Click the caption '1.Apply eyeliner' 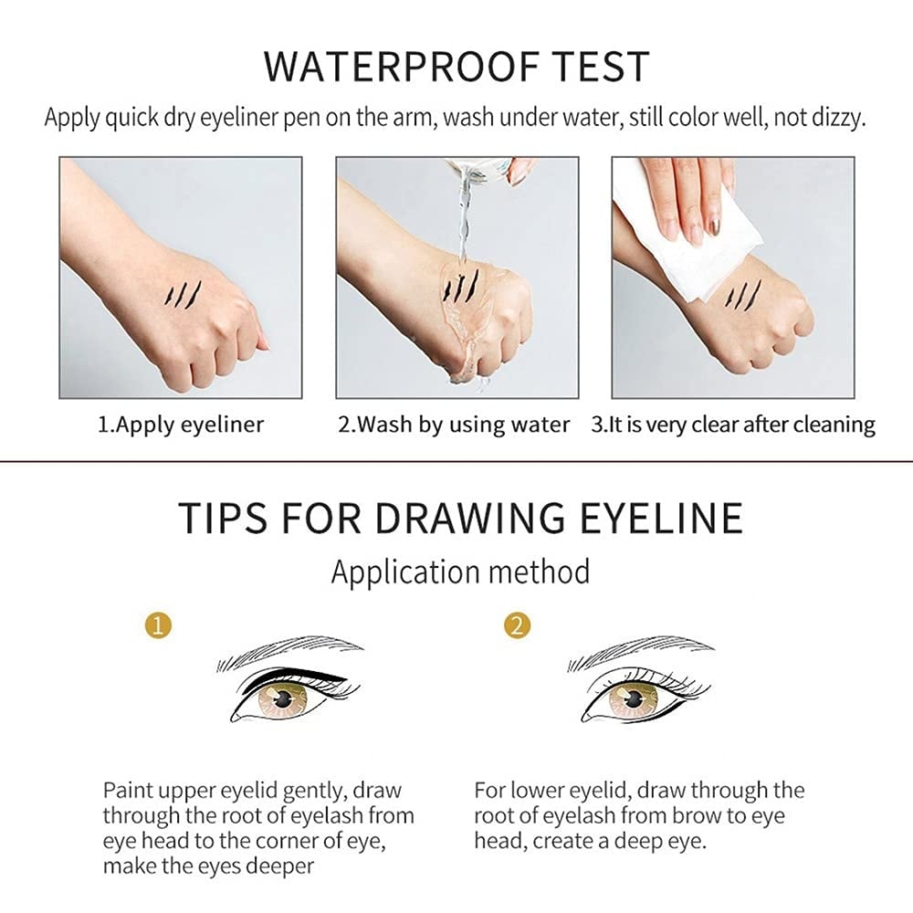181,425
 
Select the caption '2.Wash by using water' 454,425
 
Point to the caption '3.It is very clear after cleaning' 732,425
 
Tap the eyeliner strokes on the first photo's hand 182,293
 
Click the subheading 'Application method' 460,572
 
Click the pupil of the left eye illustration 284,700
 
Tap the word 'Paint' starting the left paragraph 128,791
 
